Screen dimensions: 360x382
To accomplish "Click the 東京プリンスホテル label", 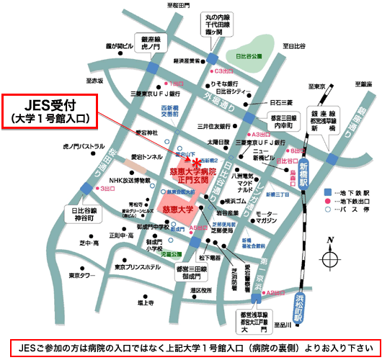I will (x=138, y=268).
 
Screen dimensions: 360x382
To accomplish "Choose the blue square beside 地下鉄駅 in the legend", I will (x=327, y=192).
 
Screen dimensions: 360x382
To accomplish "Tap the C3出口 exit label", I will (x=218, y=72).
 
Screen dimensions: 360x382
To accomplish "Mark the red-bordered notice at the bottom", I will (x=190, y=346).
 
